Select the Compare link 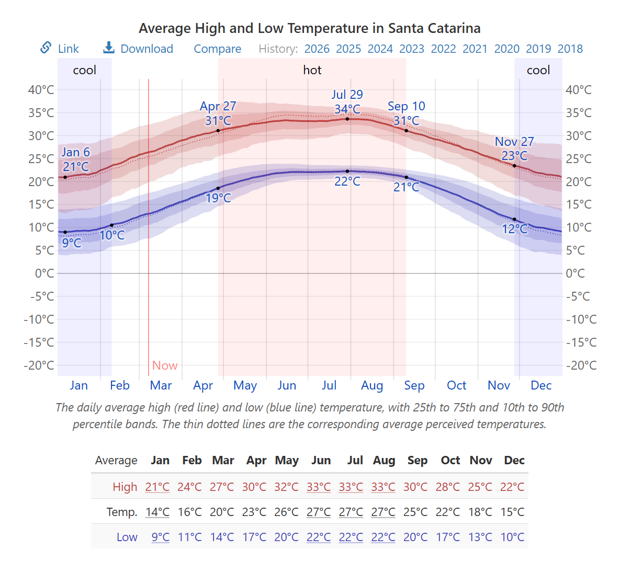217,49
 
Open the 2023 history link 412,49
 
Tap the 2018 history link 570,49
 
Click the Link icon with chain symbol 46,48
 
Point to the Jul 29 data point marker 347,119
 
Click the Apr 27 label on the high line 218,106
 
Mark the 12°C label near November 515,229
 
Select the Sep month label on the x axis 414,385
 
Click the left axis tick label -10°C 39,319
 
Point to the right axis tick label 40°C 578,89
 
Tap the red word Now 165,365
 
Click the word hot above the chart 312,70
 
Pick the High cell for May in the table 286,487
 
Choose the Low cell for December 512,537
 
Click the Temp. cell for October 448,512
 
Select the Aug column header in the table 384,460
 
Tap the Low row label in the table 127,537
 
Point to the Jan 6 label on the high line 76,152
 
